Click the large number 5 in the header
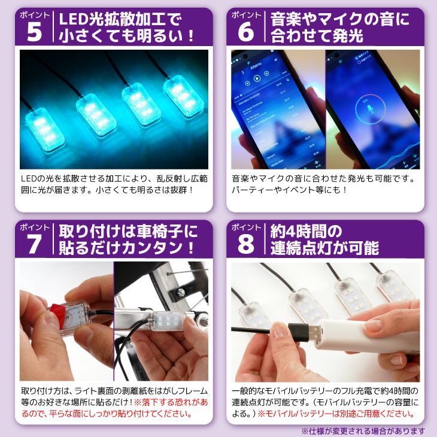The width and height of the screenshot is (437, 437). (x=34, y=32)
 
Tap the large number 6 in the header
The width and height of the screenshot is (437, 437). (x=246, y=32)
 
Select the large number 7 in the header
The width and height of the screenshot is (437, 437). (x=34, y=244)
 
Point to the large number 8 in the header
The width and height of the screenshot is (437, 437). (x=246, y=244)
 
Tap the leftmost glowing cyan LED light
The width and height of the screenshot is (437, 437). (x=44, y=129)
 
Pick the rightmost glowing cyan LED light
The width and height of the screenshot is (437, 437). (x=183, y=95)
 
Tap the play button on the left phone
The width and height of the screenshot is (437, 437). (x=257, y=78)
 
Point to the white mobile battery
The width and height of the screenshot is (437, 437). (x=368, y=335)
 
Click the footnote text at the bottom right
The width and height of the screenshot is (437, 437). (x=363, y=431)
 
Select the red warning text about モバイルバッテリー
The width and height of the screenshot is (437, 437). (x=336, y=414)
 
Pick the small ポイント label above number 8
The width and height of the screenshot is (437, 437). (x=245, y=227)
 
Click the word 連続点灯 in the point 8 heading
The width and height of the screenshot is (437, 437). (x=302, y=248)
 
